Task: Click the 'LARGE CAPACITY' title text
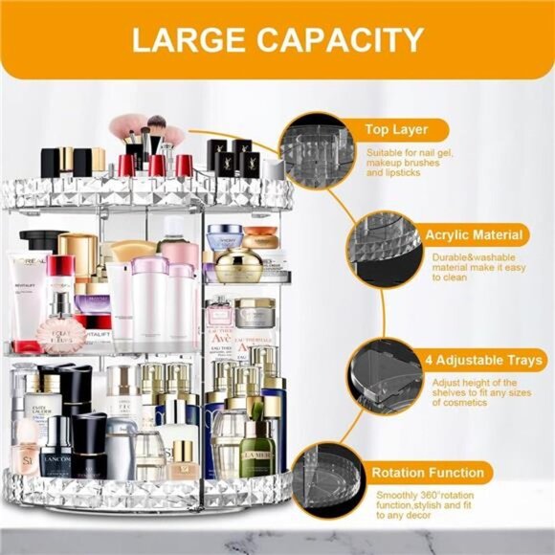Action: [x=277, y=39]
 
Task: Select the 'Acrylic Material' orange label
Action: [x=445, y=234]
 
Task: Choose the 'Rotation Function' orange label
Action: [x=427, y=473]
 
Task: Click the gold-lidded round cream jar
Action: [x=237, y=263]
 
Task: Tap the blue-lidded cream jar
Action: [x=226, y=236]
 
